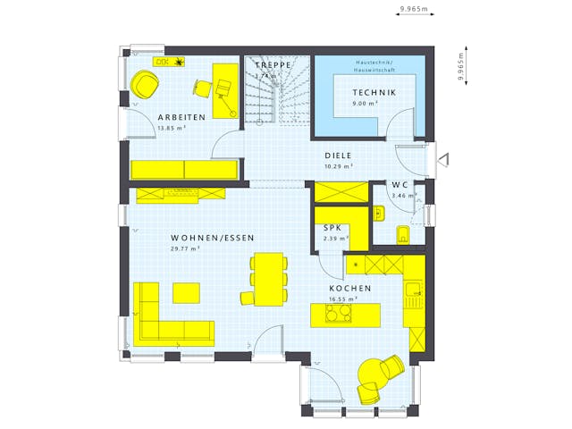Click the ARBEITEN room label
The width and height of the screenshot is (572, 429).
click(181, 117)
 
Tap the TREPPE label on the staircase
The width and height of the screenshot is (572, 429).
click(273, 65)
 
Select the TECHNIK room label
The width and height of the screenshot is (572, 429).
click(373, 93)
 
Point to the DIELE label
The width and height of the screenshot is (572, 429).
click(338, 155)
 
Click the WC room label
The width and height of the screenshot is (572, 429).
click(400, 185)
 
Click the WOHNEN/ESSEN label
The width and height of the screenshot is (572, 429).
click(213, 238)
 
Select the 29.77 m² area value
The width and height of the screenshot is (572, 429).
click(185, 249)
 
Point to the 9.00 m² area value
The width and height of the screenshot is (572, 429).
click(365, 104)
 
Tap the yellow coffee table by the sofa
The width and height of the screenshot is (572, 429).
click(187, 292)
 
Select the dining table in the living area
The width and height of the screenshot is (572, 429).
click(270, 280)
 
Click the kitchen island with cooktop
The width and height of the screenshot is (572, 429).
click(345, 314)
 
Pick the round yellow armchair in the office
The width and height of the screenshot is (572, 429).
click(144, 84)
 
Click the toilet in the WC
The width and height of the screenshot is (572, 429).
click(401, 235)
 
